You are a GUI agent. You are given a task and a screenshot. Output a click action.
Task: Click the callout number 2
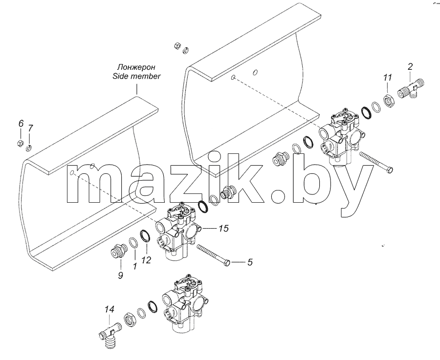pos(410,67)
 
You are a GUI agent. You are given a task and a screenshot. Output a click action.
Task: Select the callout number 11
pos(388,77)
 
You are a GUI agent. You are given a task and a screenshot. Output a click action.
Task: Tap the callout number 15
pos(223,229)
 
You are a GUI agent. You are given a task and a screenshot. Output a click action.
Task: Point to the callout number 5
pos(250,262)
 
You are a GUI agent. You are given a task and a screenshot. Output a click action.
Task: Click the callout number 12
pos(146,260)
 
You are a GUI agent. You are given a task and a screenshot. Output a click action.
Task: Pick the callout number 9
pos(120,275)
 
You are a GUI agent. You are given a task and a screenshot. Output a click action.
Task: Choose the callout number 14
pos(110,310)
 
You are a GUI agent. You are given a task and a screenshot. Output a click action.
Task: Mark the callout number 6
pos(21,123)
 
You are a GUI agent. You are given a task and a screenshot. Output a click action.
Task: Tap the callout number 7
pos(30,128)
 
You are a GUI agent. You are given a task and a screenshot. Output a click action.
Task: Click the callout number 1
pos(135,266)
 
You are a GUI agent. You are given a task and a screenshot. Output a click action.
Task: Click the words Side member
pos(136,76)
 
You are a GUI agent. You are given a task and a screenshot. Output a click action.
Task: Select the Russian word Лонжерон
pos(136,67)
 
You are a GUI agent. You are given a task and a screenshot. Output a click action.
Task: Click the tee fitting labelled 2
pos(411,89)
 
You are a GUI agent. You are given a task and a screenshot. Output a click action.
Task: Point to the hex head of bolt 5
pos(227,263)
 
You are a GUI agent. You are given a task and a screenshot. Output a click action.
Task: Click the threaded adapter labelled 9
pos(117,251)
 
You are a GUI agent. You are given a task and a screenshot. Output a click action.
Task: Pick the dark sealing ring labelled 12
pos(145,236)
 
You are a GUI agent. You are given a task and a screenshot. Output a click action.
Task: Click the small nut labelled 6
pos(20,143)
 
